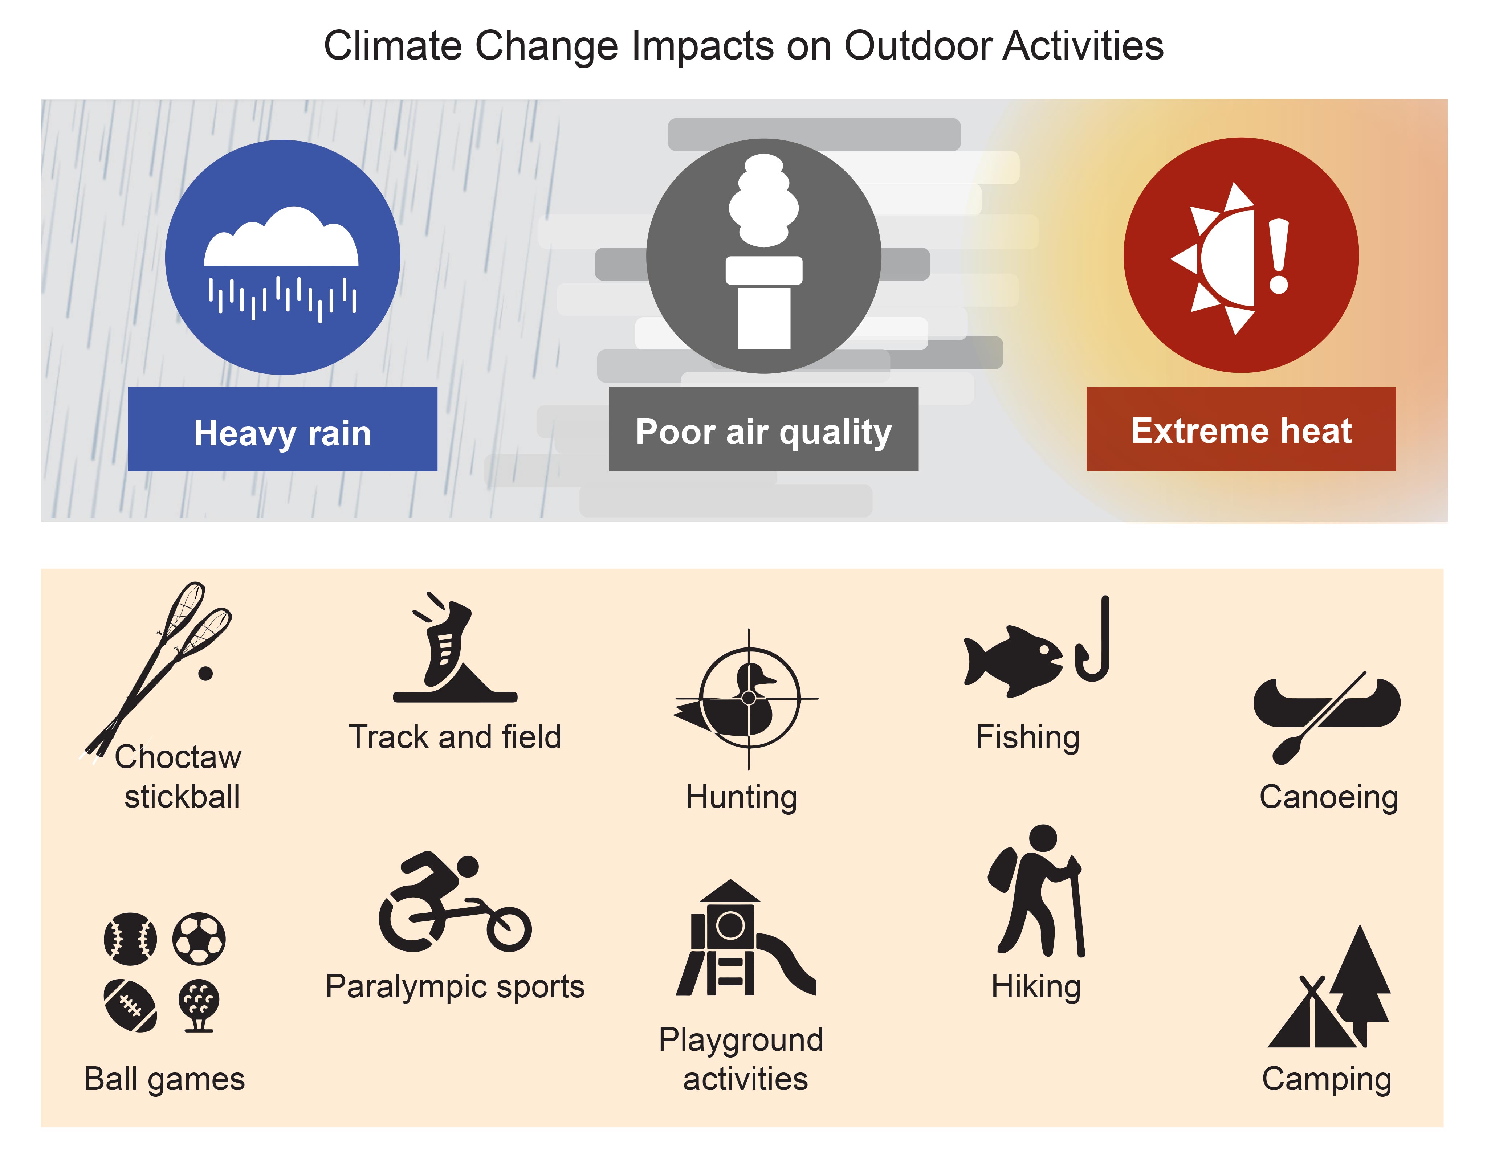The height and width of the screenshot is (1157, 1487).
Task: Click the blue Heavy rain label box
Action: [x=282, y=429]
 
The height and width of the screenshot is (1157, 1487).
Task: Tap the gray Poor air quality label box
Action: [x=763, y=429]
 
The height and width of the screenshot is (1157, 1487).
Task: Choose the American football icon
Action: [x=130, y=1005]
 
